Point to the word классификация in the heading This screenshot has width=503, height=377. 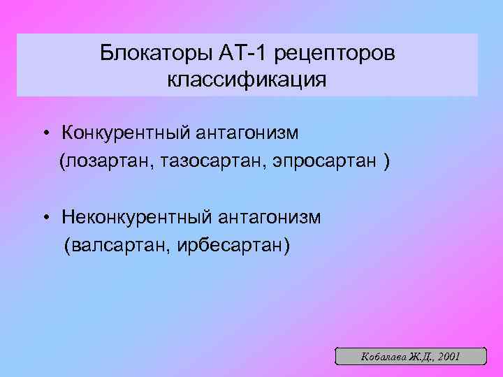coord(247,80)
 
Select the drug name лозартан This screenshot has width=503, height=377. coord(108,161)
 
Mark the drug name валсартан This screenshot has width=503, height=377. coord(114,246)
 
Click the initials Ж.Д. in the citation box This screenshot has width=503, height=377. coord(420,357)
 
